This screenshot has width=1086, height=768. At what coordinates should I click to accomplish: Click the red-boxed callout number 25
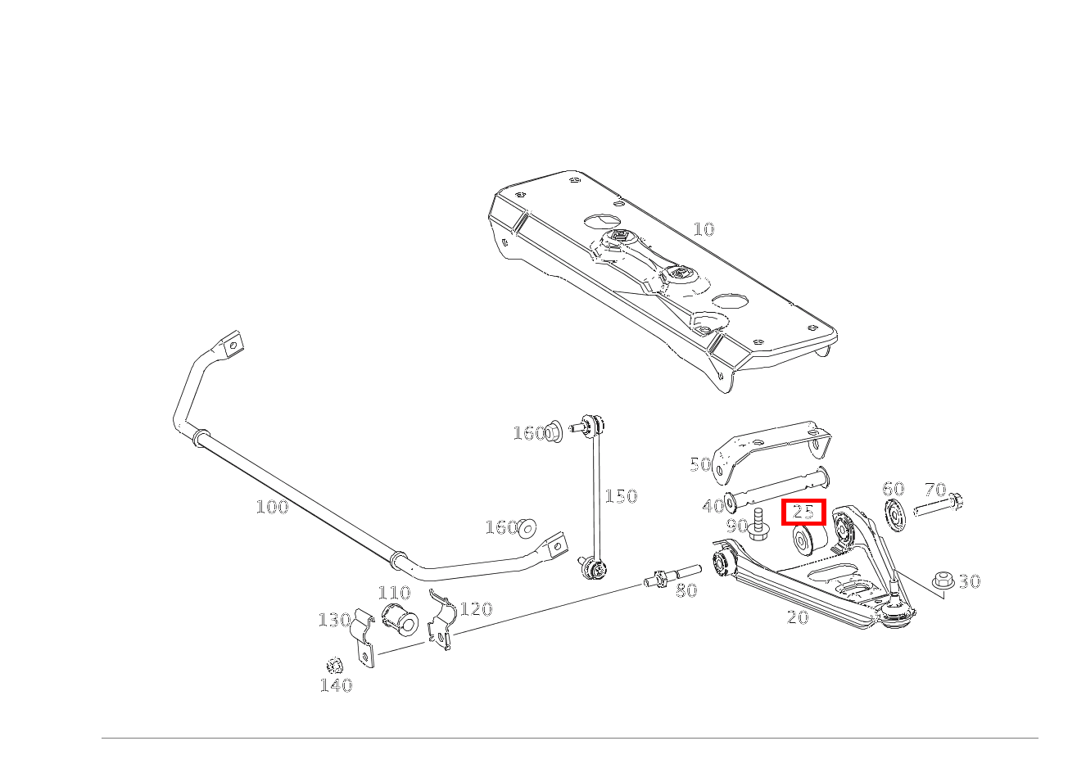[803, 512]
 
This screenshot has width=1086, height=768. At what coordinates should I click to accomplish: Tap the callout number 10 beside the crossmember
[704, 229]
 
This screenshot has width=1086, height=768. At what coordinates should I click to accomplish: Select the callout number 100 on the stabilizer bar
[272, 507]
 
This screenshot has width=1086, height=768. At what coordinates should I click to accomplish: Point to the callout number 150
[621, 495]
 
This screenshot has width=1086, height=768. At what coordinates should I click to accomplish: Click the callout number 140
[336, 685]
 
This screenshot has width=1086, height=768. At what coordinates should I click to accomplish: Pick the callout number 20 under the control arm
[798, 617]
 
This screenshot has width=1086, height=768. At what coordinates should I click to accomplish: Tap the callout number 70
[935, 490]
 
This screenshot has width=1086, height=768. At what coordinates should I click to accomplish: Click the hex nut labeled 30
[943, 580]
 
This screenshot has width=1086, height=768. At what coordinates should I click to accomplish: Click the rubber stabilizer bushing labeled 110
[400, 619]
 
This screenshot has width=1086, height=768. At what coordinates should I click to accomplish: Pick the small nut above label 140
[334, 666]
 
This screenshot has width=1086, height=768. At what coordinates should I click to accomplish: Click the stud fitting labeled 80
[672, 576]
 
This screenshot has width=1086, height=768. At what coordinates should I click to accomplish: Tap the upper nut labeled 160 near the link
[553, 431]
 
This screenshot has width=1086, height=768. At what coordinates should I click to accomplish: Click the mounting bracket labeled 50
[771, 452]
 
